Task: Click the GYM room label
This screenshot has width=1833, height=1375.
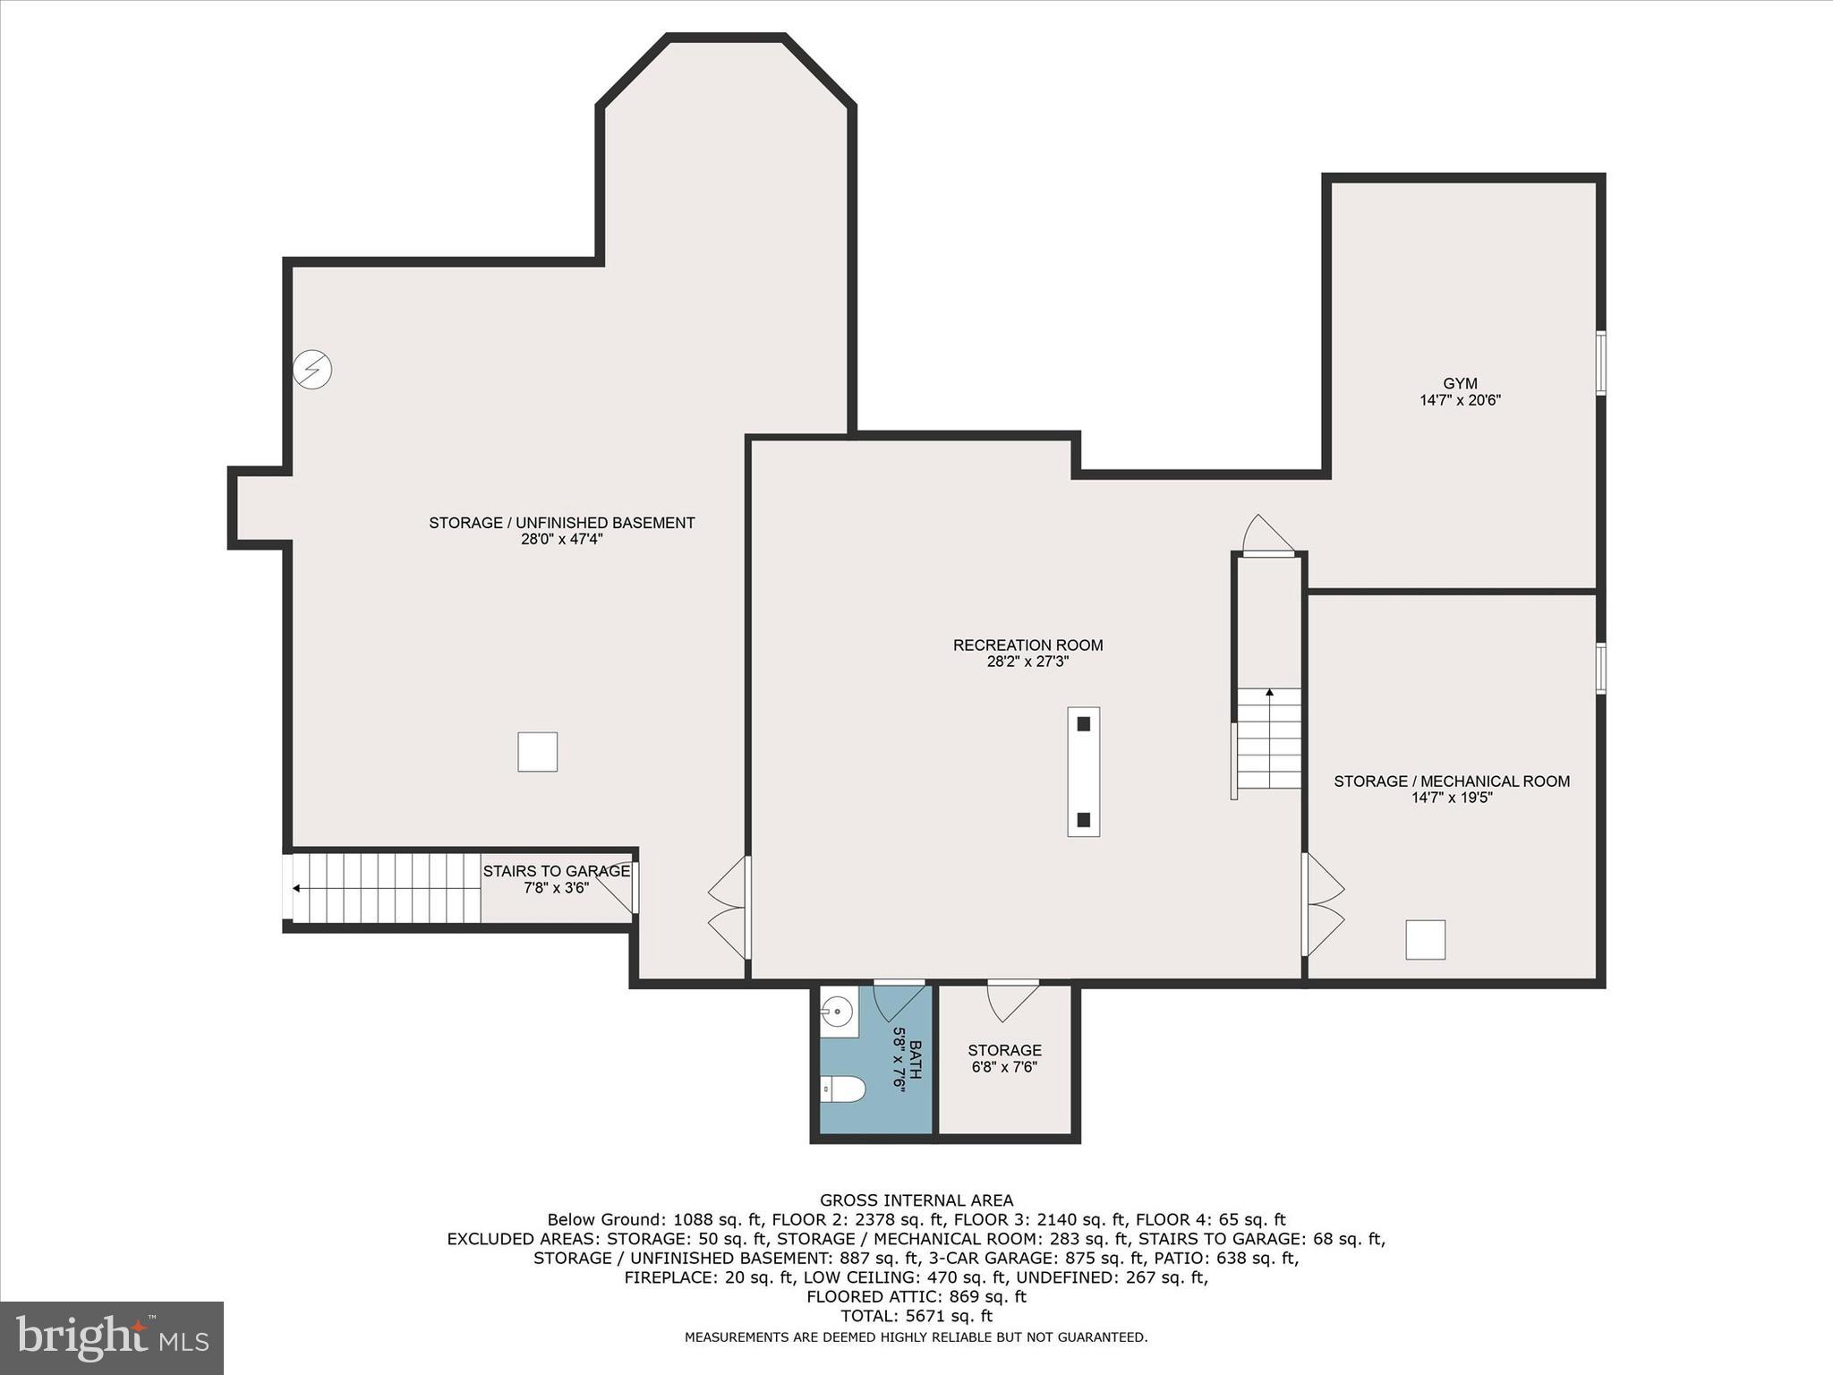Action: click(1460, 384)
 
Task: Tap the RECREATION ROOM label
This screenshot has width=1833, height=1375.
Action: click(1027, 645)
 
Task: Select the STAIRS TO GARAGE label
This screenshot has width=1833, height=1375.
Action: click(556, 871)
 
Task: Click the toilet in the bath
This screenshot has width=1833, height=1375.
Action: click(843, 1089)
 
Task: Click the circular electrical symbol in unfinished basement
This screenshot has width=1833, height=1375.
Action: click(313, 369)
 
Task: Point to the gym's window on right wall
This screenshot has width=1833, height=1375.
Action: click(1600, 363)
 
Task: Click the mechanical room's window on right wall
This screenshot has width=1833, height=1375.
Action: click(1600, 668)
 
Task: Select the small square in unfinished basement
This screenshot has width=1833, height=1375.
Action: click(537, 752)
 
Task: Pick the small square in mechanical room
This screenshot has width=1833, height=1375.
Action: click(1425, 940)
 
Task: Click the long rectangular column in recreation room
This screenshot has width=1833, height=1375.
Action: click(1083, 772)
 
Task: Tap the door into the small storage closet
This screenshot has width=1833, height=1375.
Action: click(1013, 998)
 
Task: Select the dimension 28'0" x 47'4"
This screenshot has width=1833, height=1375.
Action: click(561, 540)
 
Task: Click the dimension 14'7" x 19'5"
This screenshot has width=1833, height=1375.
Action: click(1452, 798)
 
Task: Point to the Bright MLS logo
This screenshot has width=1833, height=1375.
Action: click(112, 1337)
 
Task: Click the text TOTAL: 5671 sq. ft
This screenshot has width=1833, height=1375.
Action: click(916, 1316)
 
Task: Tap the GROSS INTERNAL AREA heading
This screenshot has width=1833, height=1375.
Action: click(916, 1200)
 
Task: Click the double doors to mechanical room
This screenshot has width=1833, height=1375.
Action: click(1323, 905)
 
